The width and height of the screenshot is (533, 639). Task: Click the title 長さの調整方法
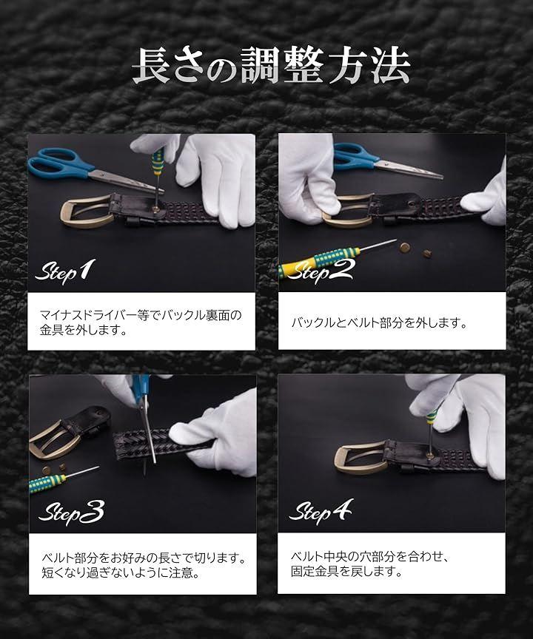pyautogui.click(x=271, y=66)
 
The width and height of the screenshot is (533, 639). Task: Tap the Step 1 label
pyautogui.click(x=65, y=271)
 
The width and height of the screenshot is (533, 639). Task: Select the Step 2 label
pyautogui.click(x=320, y=271)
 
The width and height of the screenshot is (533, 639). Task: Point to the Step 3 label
pyautogui.click(x=71, y=512)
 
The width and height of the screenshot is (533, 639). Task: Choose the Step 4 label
pyautogui.click(x=321, y=510)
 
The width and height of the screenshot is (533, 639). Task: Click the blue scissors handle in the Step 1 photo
pyautogui.click(x=59, y=163)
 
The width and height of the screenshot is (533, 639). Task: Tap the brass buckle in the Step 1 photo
pyautogui.click(x=87, y=211)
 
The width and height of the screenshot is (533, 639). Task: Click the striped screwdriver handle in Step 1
pyautogui.click(x=158, y=160)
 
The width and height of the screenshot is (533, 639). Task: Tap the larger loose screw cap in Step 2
pyautogui.click(x=405, y=246)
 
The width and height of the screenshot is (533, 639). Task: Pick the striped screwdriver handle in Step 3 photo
pyautogui.click(x=47, y=483)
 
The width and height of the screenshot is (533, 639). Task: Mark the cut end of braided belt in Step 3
pyautogui.click(x=118, y=445)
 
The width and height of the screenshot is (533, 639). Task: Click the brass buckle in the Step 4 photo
pyautogui.click(x=362, y=459)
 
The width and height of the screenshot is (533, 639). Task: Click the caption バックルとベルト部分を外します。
pyautogui.click(x=379, y=322)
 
